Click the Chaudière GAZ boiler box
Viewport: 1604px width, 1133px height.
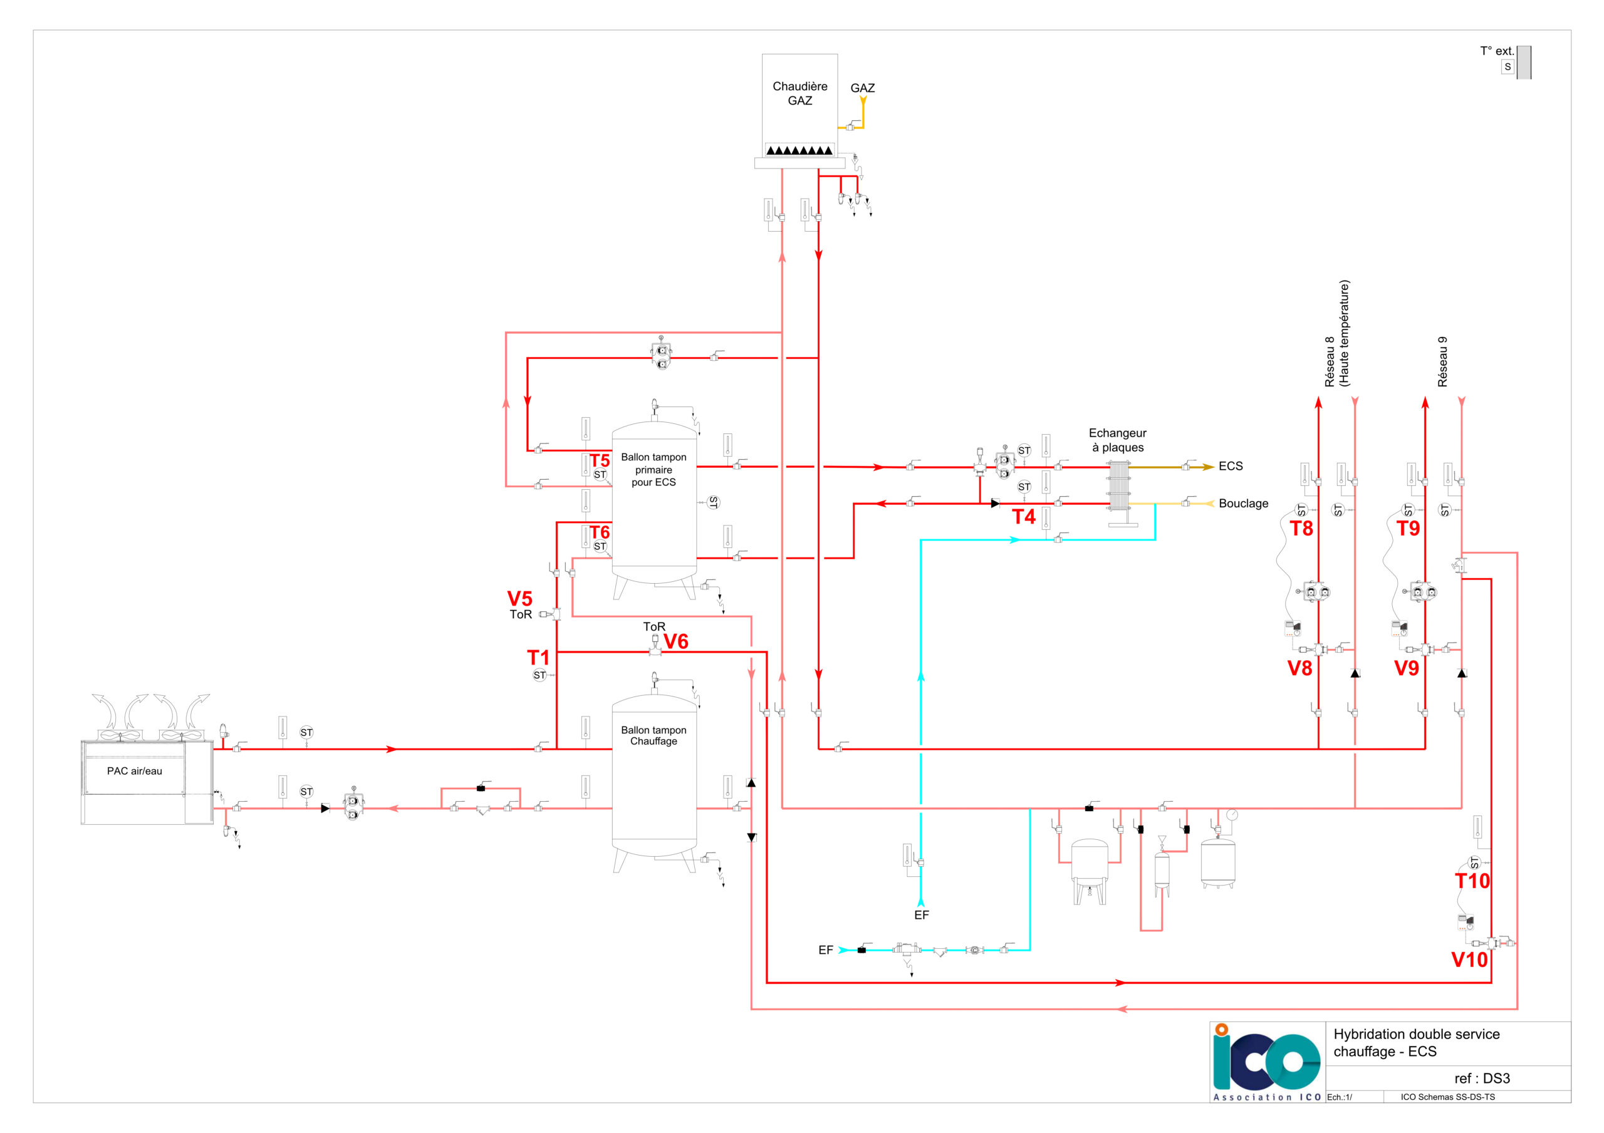pos(799,105)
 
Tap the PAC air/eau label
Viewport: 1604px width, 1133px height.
pos(134,771)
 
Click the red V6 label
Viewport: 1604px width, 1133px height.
pos(675,641)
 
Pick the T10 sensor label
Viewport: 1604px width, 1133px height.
pos(1472,881)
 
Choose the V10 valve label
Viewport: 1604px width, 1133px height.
pos(1469,960)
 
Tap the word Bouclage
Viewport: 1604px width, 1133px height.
pos(1243,504)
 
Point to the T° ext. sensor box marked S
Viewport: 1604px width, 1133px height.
pos(1507,67)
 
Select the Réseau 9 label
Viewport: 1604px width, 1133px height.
pos(1442,362)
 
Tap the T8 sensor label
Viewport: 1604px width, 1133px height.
pos(1301,529)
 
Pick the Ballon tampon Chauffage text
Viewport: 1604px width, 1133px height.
pos(654,735)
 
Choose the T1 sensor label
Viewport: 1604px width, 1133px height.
pos(538,657)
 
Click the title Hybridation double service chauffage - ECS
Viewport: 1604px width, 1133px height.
pos(1416,1042)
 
